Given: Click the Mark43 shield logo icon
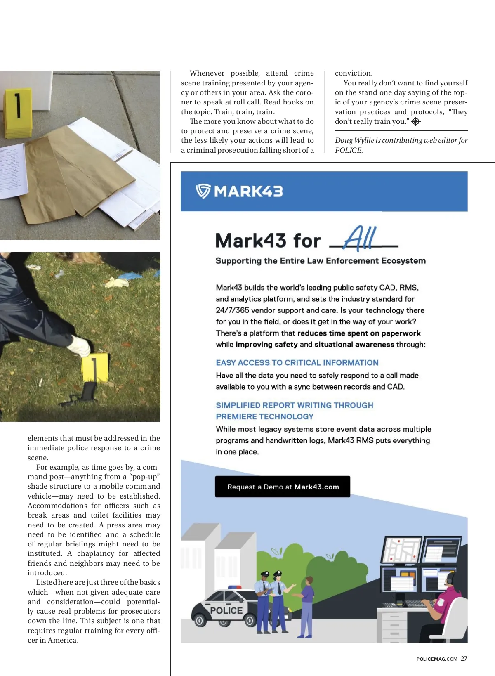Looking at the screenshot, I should pyautogui.click(x=203, y=191).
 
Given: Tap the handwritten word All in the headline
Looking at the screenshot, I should pyautogui.click(x=360, y=238).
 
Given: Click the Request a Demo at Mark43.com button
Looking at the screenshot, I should pyautogui.click(x=283, y=487).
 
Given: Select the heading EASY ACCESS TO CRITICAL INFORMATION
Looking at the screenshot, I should pyautogui.click(x=297, y=363).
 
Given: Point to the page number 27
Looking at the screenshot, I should pyautogui.click(x=464, y=659).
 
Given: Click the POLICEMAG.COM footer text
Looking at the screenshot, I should pyautogui.click(x=436, y=659).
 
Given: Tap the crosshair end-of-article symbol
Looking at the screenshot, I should pyautogui.click(x=416, y=122).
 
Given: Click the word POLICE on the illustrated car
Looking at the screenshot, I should pyautogui.click(x=226, y=610).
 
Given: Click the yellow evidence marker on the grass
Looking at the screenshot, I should pyautogui.click(x=95, y=367).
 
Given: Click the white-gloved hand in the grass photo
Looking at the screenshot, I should pyautogui.click(x=78, y=346).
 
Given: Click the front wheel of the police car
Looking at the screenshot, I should pyautogui.click(x=200, y=620).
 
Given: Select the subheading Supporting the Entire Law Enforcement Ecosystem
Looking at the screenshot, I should pyautogui.click(x=321, y=261).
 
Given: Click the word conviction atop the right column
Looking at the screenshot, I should pyautogui.click(x=354, y=73).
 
